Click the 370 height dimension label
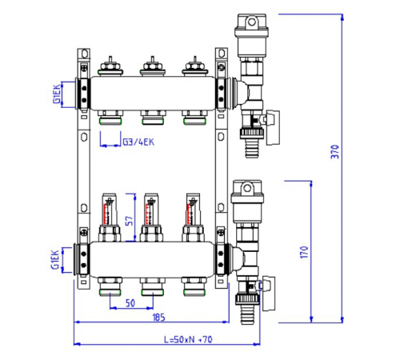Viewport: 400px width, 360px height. pyautogui.click(x=334, y=152)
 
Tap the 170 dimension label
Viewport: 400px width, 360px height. pyautogui.click(x=304, y=252)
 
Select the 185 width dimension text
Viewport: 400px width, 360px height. pyautogui.click(x=158, y=318)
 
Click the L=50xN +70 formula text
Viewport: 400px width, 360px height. pyautogui.click(x=188, y=339)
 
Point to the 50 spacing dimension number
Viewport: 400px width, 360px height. pyautogui.click(x=130, y=303)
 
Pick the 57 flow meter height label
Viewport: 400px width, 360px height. pyautogui.click(x=129, y=221)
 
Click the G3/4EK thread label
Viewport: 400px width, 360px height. pyautogui.click(x=138, y=142)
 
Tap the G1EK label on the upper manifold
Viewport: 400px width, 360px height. pyautogui.click(x=57, y=94)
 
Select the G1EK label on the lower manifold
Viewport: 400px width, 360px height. pyautogui.click(x=54, y=259)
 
